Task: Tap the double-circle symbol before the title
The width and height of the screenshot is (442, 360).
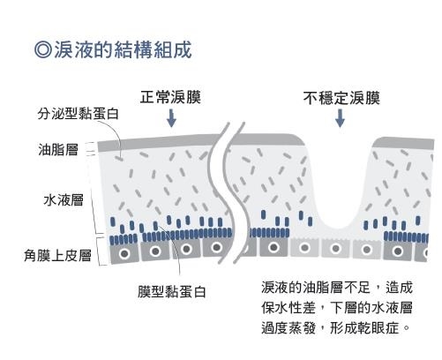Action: pos(41,49)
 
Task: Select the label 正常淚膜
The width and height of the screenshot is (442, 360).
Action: pos(169,98)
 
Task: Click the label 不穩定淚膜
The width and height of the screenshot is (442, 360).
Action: pos(340,98)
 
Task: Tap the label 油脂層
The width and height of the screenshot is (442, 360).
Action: pos(60,150)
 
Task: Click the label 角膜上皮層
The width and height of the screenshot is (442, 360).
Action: pos(57,256)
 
